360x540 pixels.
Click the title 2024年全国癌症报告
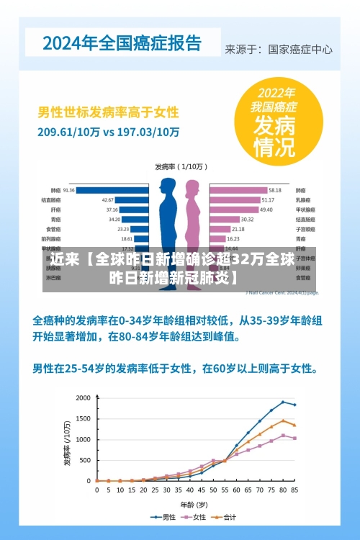click(122, 42)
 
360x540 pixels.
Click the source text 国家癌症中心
click(300, 50)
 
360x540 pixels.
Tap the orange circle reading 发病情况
click(273, 123)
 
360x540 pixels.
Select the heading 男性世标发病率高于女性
click(108, 113)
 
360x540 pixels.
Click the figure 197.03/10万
click(148, 132)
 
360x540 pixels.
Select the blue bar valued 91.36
click(112, 190)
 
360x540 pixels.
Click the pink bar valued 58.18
click(238, 190)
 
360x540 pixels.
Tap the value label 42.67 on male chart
click(107, 199)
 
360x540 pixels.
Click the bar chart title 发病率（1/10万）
click(180, 166)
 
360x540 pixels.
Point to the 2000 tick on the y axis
click(84, 398)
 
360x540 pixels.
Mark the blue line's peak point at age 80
click(283, 402)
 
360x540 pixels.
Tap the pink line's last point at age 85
click(294, 438)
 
